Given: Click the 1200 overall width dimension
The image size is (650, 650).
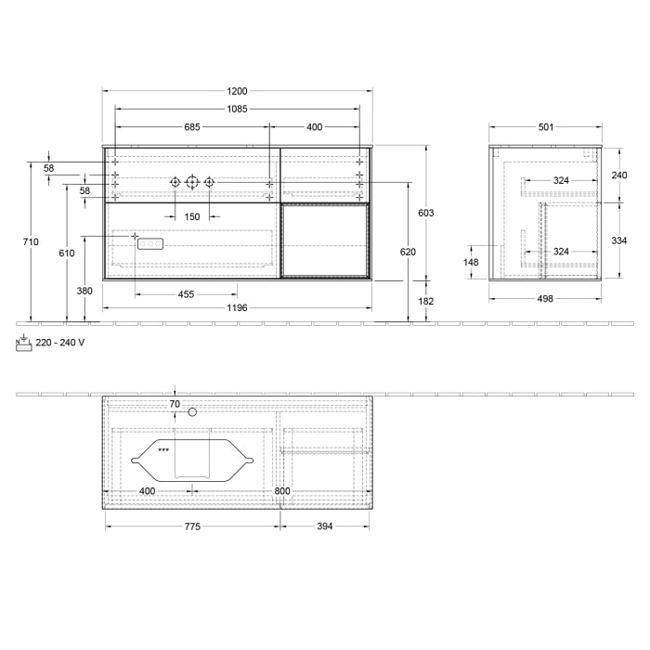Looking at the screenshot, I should pos(237,91).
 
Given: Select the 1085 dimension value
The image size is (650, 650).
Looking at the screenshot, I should pos(237,110).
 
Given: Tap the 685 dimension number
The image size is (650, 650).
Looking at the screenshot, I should pos(192,127).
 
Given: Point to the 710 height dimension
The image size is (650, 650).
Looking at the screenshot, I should pos(31,242).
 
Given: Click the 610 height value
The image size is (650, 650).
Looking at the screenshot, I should pos(66,253).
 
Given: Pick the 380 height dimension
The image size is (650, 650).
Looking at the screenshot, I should pos(84,291).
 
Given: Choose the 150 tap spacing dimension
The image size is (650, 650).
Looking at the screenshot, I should pos(191,216).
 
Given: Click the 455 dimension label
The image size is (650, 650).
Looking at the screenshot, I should pos(186,294).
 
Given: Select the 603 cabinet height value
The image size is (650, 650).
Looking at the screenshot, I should pos(426,213).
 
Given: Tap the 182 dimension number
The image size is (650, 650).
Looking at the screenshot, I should pos(426,301).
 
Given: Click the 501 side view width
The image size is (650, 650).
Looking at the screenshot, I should pos(546,127).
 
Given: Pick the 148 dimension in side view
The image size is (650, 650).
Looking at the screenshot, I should pos(471,263).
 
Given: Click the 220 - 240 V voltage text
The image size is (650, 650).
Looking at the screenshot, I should pos(60,343).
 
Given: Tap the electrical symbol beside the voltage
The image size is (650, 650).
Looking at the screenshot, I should pos(23,342).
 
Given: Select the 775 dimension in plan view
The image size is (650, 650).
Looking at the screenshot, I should pos(192,526).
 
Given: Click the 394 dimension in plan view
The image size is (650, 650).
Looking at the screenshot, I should pos(324,526).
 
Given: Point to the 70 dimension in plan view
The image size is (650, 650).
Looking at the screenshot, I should pos(175,404).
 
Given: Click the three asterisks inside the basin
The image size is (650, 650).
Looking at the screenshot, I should pos(163,450).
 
